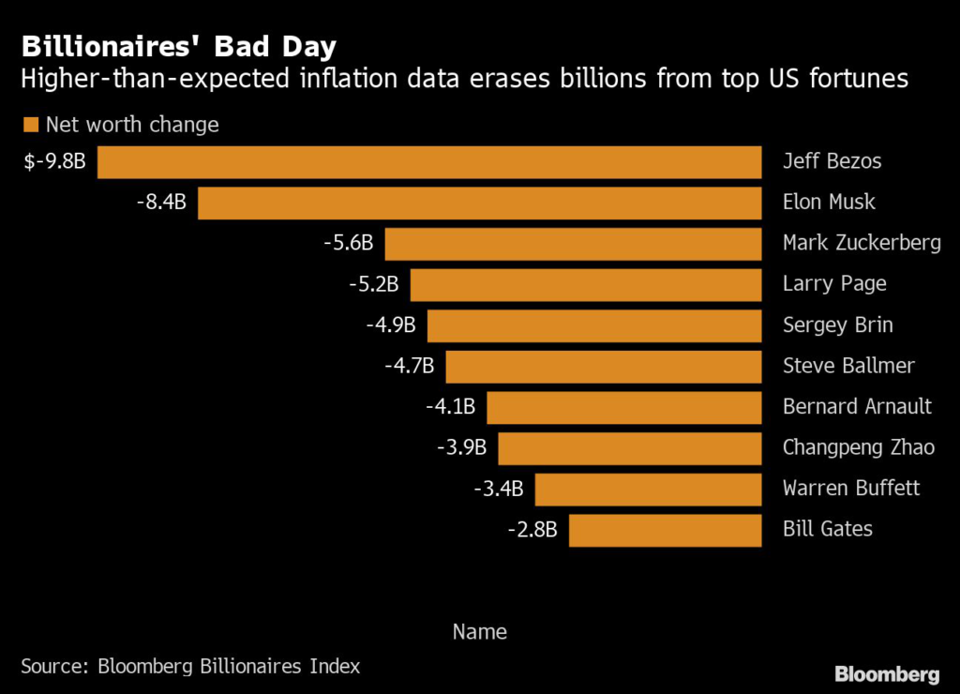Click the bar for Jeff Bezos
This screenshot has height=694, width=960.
coord(429,161)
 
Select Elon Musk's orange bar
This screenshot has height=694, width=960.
coord(479,203)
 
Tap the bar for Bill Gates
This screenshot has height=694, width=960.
coord(665,530)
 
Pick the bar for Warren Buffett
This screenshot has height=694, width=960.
coord(648,489)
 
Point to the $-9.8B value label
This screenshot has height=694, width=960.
coord(55,161)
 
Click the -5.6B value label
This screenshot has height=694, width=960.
coord(347,243)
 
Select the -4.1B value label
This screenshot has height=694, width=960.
coord(450,407)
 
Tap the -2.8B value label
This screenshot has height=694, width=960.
coord(532,530)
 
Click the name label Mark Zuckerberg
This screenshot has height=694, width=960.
coord(862,243)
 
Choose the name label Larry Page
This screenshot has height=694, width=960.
coord(834,284)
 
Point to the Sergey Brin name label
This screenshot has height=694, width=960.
coord(837,325)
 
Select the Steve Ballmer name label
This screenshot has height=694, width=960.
coord(848,366)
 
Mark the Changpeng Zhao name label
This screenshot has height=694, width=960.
coord(858,447)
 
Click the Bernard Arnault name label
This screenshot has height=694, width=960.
coord(857,407)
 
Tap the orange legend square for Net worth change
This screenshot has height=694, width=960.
coord(30,125)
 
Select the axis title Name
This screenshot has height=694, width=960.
coord(479,631)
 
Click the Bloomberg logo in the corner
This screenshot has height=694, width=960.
coord(887,673)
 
